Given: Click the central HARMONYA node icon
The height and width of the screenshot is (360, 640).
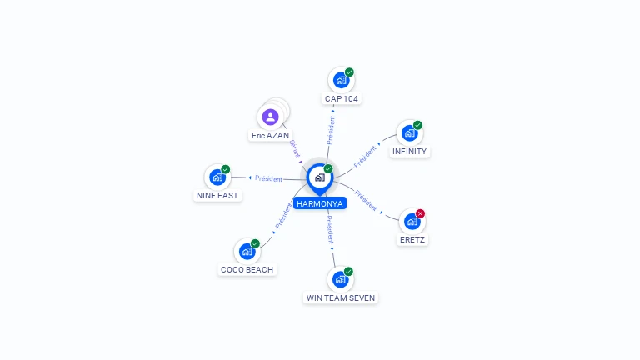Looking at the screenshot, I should click(319, 177).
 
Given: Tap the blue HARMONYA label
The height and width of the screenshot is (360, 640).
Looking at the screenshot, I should click(319, 202).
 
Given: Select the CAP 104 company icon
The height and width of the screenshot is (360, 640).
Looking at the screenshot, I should click(340, 80).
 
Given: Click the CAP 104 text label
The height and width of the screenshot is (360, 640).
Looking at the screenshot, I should click(342, 98).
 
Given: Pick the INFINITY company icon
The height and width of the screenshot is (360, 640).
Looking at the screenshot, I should click(408, 133).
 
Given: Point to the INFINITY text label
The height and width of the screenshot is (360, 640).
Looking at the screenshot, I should click(409, 152).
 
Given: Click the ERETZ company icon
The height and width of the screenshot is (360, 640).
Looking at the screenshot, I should click(412, 222).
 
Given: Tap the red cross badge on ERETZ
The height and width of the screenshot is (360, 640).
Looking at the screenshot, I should click(420, 213).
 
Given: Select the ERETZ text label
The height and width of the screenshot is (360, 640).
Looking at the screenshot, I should click(412, 240).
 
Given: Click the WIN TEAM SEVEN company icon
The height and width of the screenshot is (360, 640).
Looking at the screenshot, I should click(339, 279).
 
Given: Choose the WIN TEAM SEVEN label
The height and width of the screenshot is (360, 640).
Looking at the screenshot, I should click(341, 297).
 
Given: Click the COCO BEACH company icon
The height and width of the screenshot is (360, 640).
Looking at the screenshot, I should click(246, 251).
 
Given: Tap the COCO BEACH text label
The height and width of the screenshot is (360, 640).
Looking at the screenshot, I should click(247, 269).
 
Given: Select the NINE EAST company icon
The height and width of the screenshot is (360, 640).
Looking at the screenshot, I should click(217, 177).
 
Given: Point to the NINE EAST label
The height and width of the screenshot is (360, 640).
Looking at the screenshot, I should click(217, 195).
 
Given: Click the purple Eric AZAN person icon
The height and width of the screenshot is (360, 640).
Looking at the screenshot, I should click(270, 117).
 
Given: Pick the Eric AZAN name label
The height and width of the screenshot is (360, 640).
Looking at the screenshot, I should click(270, 135).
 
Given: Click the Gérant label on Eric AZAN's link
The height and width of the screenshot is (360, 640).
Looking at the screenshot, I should click(294, 149).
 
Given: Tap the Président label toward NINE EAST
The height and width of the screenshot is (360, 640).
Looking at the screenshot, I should click(268, 178).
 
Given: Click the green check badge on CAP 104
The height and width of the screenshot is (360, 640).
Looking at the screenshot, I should click(349, 72).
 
